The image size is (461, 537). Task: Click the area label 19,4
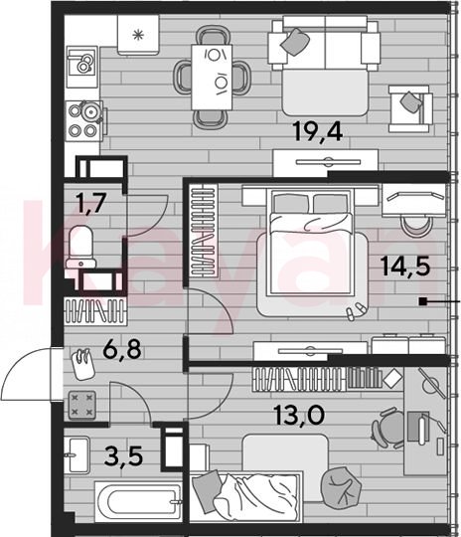coord(318,132)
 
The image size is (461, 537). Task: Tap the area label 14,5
coord(405,267)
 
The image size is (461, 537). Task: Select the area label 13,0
coord(299,416)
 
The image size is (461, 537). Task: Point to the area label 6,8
coord(122,350)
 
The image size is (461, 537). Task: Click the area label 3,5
coord(123,456)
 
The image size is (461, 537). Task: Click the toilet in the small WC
coord(81,247)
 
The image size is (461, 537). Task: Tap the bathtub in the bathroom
coord(138,502)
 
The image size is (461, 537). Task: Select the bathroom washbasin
coord(77,454)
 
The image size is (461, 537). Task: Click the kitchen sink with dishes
coord(81,67)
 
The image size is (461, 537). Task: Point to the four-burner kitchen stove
coord(84,120)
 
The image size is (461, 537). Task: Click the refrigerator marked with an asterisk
coord(138,35)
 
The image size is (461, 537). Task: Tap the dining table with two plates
coord(212,77)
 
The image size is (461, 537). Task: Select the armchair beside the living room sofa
coord(409,109)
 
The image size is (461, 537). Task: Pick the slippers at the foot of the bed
coord(356,311)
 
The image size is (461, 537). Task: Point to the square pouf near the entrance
coord(82,405)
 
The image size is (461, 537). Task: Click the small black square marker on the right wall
coord(423,301)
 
